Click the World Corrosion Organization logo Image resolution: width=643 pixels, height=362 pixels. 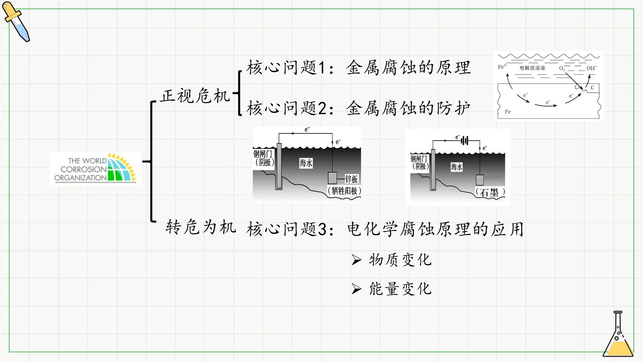(95, 169)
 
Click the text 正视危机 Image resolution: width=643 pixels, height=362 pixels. (195, 96)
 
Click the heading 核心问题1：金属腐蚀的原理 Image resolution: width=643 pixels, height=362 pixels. (359, 68)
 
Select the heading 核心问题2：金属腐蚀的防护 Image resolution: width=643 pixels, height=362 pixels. (359, 108)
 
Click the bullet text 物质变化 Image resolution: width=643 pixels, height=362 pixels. (400, 260)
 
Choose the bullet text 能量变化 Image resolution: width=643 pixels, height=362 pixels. (400, 289)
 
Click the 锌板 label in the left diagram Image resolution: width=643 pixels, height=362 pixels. (351, 179)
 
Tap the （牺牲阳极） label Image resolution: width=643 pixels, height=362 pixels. (344, 191)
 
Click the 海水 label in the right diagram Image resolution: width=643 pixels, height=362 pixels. (456, 167)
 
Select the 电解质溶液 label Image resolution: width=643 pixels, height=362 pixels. (532, 68)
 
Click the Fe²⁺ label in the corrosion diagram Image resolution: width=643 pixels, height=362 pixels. (502, 67)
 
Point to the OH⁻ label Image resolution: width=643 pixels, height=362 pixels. (592, 68)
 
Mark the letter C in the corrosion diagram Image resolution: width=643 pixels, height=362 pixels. (592, 88)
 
